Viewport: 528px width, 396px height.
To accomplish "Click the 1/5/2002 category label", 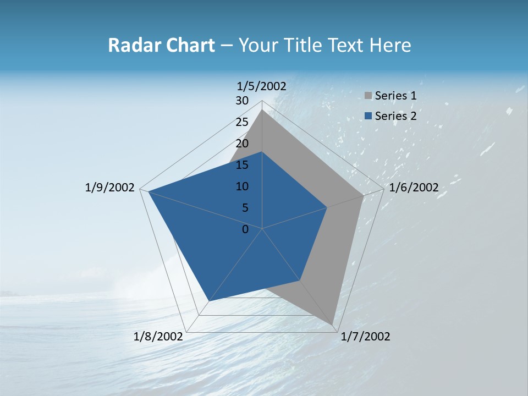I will coord(262,86).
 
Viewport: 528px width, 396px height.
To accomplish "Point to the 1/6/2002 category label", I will coord(414,188).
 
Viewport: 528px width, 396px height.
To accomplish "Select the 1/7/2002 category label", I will coord(365,337).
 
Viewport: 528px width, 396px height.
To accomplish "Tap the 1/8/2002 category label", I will coord(158,337).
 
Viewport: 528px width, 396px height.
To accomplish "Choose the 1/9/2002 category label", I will coord(110,188).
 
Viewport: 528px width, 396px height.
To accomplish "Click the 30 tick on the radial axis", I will coord(242,101).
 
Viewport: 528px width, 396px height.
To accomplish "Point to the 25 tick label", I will coord(242,122).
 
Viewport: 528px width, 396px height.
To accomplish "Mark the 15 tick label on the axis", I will coord(242,165).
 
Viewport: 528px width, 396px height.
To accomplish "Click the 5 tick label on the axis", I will coord(245,208).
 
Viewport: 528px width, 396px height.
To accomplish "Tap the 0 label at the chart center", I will coord(245,229).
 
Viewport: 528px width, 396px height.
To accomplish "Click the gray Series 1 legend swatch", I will coord(369,96).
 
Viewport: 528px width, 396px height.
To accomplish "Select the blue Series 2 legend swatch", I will coord(369,116).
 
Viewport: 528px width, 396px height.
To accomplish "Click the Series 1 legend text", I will coord(395,96).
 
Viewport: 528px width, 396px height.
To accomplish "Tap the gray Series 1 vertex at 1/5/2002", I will coord(262,109).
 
